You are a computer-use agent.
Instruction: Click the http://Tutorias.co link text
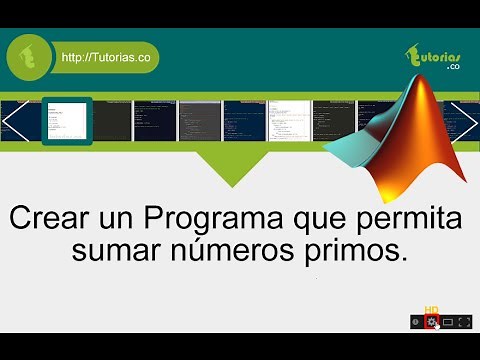(x=106, y=58)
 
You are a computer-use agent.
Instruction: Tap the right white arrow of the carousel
(x=465, y=120)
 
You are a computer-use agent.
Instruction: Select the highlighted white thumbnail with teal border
(x=67, y=122)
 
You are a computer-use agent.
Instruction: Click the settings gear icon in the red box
(x=431, y=321)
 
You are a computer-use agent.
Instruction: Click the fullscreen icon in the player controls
(x=464, y=321)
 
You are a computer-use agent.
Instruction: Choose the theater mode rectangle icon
(x=447, y=321)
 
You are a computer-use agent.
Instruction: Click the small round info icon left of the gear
(x=415, y=321)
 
